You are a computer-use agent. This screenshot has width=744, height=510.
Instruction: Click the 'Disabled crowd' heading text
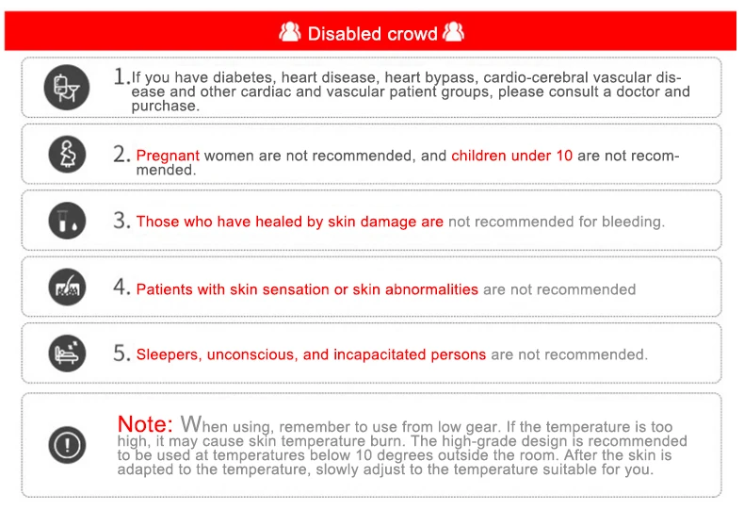373,34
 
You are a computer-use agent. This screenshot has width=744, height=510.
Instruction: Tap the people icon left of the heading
289,32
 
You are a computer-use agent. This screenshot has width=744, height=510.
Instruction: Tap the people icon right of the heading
453,31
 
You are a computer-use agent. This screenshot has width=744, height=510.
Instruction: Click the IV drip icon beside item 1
67,88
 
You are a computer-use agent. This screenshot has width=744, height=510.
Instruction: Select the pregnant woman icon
68,155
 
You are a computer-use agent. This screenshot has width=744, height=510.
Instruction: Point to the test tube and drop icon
68,221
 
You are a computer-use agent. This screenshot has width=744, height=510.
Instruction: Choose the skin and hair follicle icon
68,287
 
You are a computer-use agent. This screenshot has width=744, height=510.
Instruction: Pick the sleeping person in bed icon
68,354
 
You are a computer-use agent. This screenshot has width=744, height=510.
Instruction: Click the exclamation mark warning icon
68,445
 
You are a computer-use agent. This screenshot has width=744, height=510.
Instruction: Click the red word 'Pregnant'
168,156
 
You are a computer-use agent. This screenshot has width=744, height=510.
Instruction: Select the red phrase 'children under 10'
512,156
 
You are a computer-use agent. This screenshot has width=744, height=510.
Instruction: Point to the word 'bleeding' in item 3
633,222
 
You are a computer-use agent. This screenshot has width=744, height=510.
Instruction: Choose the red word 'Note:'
145,423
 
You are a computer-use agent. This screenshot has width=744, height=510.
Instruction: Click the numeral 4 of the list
121,287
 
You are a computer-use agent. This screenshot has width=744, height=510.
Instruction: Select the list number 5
121,353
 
